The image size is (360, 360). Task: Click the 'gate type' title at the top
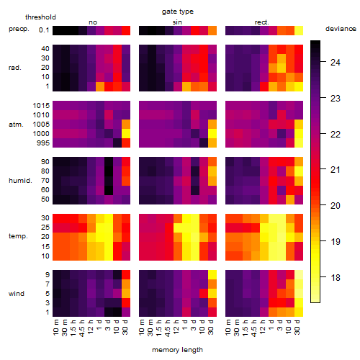[x=178, y=12]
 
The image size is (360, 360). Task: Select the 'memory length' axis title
[x=177, y=350]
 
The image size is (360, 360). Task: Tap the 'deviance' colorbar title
[x=341, y=29]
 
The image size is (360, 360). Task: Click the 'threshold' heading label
[x=40, y=17]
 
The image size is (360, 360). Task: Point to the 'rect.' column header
[x=262, y=22]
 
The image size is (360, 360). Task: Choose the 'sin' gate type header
[x=177, y=22]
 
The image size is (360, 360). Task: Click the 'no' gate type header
[x=93, y=22]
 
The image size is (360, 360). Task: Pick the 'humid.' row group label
[x=20, y=181]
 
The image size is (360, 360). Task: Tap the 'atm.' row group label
[x=16, y=125]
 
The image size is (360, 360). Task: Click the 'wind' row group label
[x=17, y=294]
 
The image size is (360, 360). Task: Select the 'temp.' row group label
[x=18, y=236]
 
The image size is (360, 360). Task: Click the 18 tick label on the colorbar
[x=336, y=278]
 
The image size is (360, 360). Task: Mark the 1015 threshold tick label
[x=41, y=105]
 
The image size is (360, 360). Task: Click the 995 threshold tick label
[x=43, y=143]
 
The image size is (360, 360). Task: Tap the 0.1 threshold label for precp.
[x=44, y=30]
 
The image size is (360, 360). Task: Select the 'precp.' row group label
[x=19, y=29]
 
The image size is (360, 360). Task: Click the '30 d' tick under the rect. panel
[x=297, y=327]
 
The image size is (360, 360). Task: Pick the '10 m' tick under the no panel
[x=56, y=327]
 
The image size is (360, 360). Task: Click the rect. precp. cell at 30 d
[x=299, y=30]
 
